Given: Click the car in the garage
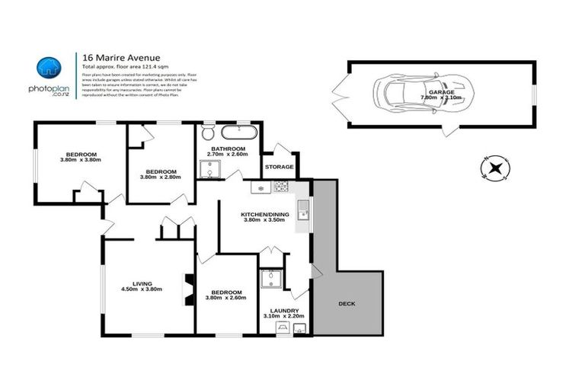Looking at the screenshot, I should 411,95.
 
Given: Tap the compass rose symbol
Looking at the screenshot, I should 496,168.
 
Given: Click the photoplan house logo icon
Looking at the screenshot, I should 50,67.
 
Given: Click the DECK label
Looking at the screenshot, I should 347,303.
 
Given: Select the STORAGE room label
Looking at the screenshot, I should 279,166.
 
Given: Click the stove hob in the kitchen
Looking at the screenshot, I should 280,187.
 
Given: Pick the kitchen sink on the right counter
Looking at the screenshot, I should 303,205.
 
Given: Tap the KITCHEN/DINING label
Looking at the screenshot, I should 264,215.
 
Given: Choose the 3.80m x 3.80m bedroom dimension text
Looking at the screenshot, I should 80,159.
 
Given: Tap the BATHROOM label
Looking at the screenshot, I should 228,148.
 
